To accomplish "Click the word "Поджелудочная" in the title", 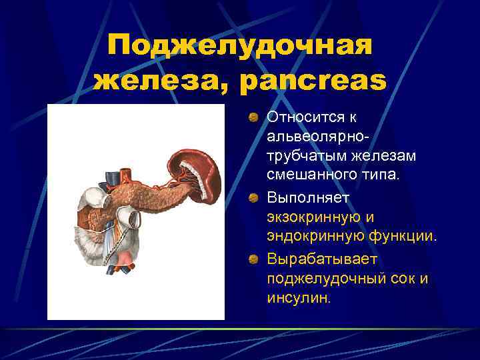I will (x=240, y=46).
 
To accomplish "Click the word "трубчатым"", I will (x=301, y=156).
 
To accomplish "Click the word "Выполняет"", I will (x=303, y=198).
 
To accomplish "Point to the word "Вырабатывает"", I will (x=311, y=259).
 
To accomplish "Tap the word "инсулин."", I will (x=298, y=297).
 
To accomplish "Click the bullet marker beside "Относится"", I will (x=254, y=118).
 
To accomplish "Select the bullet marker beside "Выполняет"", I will (x=254, y=199).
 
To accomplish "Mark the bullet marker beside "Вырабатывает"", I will (x=254, y=259).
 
